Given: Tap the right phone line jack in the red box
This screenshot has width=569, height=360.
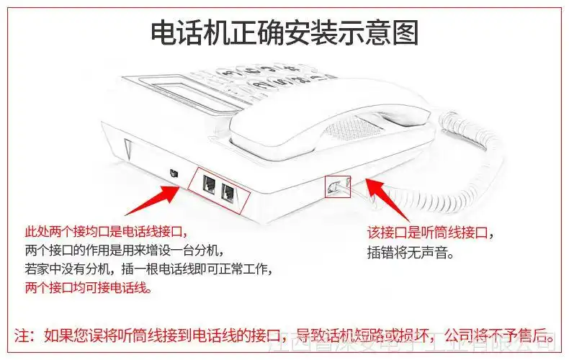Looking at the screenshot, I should pyautogui.click(x=229, y=191).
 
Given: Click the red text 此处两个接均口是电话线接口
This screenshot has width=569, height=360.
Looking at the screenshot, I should pyautogui.click(x=105, y=233).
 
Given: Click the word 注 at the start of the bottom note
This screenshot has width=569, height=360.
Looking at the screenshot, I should pyautogui.click(x=22, y=336).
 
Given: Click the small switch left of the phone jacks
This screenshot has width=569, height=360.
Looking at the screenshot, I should pyautogui.click(x=172, y=173).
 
